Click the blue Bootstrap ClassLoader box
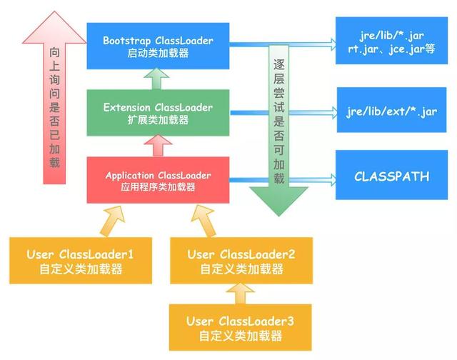[157, 44]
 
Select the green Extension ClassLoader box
[157, 113]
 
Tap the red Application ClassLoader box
[157, 180]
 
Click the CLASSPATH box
[392, 176]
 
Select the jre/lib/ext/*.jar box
[392, 111]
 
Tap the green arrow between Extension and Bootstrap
[157, 79]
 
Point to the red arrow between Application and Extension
[157, 146]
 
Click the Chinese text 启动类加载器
[157, 52]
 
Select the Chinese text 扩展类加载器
[157, 121]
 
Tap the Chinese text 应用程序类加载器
[157, 187]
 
